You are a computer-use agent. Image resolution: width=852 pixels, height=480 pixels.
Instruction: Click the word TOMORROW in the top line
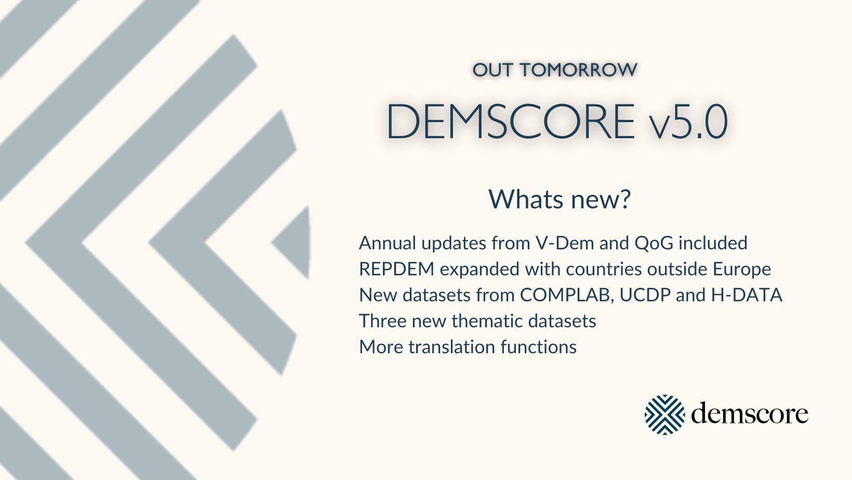click(579, 70)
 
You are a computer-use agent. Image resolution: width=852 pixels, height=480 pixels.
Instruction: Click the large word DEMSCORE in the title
click(511, 122)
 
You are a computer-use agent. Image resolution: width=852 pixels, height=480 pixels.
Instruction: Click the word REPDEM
click(397, 269)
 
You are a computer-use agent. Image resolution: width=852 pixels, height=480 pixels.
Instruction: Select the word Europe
click(742, 270)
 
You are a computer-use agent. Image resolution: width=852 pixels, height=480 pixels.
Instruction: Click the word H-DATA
click(746, 295)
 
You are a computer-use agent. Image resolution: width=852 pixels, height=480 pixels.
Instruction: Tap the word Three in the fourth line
click(383, 321)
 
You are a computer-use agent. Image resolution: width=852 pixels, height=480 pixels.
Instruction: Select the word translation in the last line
click(451, 347)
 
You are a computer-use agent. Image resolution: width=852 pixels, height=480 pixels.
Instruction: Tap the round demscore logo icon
click(664, 415)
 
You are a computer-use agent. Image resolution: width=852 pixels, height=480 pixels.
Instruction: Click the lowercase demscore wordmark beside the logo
click(749, 413)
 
